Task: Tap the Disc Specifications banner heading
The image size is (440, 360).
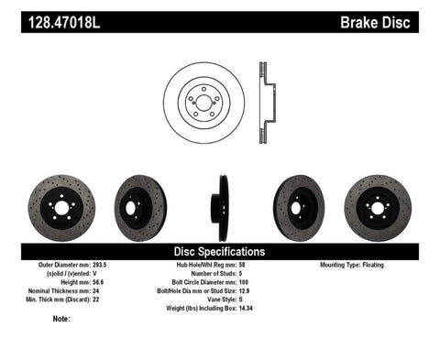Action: pyautogui.click(x=220, y=251)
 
